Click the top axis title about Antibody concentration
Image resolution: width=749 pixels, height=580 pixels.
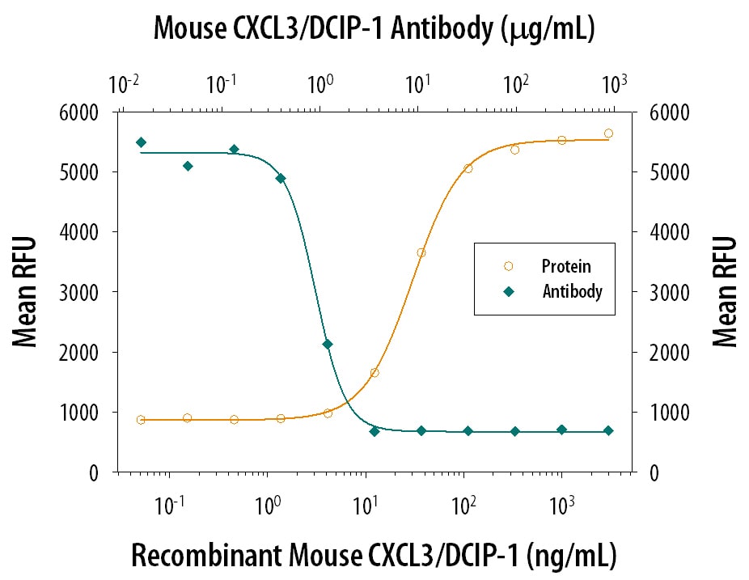pos(374,30)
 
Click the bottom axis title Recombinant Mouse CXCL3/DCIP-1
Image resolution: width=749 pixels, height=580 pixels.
pos(374,556)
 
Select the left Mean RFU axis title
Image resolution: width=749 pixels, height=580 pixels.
pos(26,292)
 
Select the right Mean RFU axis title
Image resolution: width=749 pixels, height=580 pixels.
pos(725,292)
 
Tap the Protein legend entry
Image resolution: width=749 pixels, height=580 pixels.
pos(565,265)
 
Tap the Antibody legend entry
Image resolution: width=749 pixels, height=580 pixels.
pos(572,292)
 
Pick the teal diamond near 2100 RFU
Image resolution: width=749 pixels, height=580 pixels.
pos(328,345)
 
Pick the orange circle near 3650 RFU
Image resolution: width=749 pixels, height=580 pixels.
pos(421,252)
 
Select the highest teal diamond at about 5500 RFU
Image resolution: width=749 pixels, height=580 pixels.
pos(141,142)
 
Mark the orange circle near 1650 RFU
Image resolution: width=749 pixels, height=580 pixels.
pos(374,373)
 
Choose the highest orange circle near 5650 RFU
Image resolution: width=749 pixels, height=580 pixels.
pos(608,133)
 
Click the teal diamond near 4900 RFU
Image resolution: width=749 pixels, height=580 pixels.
pos(281,178)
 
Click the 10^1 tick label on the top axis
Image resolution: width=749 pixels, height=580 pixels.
pos(417,84)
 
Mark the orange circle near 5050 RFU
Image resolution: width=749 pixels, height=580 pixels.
pos(468,168)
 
